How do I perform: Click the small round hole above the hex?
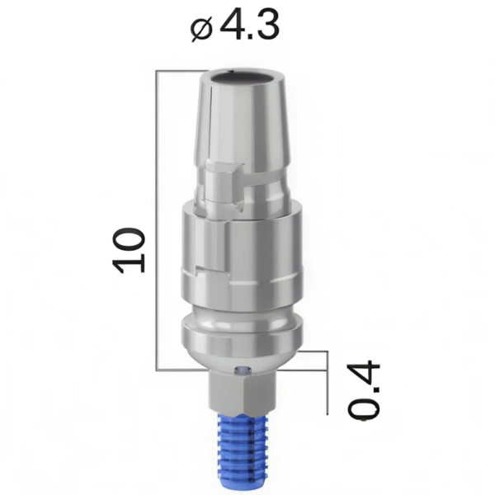point(239,370)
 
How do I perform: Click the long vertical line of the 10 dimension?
point(157,223)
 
